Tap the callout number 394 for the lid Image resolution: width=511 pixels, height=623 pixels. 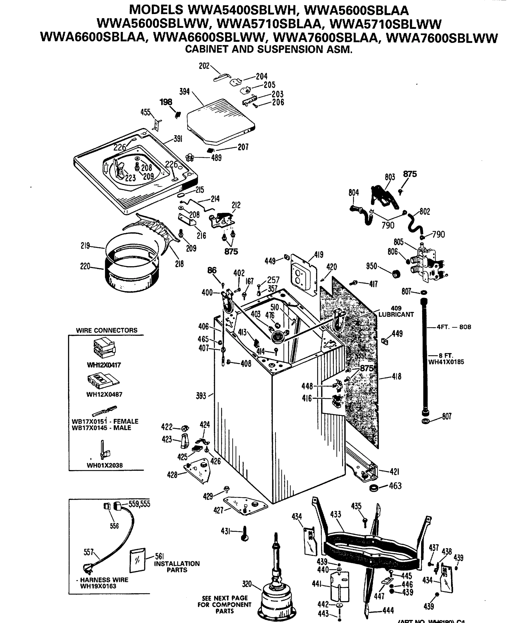pyautogui.click(x=185, y=92)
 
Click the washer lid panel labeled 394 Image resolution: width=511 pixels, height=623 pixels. pyautogui.click(x=221, y=121)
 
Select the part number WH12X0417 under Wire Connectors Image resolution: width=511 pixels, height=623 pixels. pyautogui.click(x=104, y=365)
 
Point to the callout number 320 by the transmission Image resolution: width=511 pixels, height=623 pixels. pyautogui.click(x=247, y=583)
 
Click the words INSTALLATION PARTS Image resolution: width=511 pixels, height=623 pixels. pyautogui.click(x=177, y=567)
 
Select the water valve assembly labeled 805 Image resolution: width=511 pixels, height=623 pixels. pyautogui.click(x=427, y=262)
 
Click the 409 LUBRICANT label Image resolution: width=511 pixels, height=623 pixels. pyautogui.click(x=396, y=311)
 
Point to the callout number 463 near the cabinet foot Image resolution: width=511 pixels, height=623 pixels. pyautogui.click(x=395, y=486)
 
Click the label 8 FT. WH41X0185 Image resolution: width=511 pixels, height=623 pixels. pyautogui.click(x=446, y=358)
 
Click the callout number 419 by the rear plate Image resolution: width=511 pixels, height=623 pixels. pyautogui.click(x=318, y=254)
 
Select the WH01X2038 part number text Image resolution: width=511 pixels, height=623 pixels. pyautogui.click(x=105, y=465)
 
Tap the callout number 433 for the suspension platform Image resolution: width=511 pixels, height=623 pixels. pyautogui.click(x=336, y=514)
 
